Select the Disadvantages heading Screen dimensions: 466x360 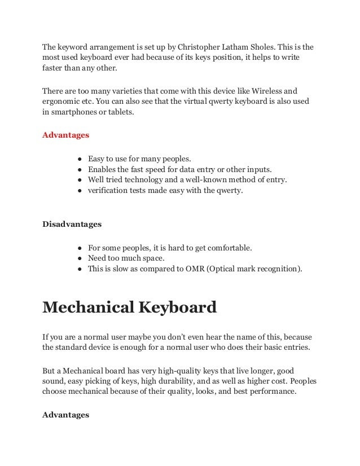72,224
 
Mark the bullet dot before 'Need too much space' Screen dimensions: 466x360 82,258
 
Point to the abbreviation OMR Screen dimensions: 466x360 191,269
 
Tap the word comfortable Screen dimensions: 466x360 223,248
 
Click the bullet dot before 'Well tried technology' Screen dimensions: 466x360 82,180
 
